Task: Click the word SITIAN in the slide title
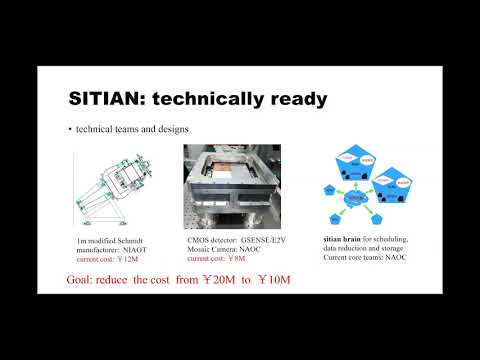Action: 107,100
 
